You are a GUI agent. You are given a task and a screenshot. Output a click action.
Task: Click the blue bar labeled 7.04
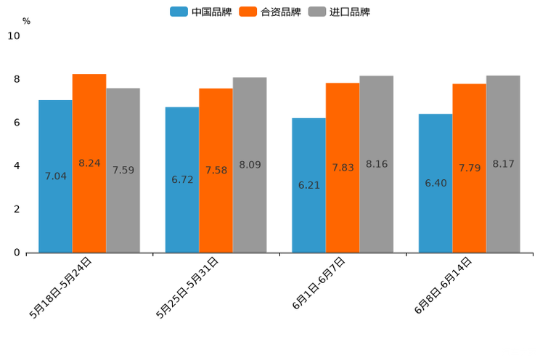pyautogui.click(x=55, y=176)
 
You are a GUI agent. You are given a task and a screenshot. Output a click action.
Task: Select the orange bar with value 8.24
pyautogui.click(x=89, y=163)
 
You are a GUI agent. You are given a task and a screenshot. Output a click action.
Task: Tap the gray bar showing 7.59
pyautogui.click(x=123, y=171)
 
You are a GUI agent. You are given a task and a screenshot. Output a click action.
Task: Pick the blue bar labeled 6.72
pyautogui.click(x=182, y=180)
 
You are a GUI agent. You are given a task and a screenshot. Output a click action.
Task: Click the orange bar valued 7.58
pyautogui.click(x=216, y=171)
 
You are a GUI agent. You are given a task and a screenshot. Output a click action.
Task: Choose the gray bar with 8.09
pyautogui.click(x=250, y=165)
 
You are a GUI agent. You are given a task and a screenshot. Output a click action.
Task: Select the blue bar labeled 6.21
pyautogui.click(x=308, y=185)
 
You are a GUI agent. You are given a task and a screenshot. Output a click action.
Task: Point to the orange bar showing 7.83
pyautogui.click(x=343, y=168)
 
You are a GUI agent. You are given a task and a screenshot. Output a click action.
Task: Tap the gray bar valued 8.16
pyautogui.click(x=376, y=164)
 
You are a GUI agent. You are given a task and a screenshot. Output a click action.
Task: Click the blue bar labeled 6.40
pyautogui.click(x=435, y=183)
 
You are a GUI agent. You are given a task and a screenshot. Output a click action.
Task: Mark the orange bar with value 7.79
pyautogui.click(x=469, y=168)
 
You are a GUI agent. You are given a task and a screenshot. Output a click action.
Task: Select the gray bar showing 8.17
pyautogui.click(x=503, y=164)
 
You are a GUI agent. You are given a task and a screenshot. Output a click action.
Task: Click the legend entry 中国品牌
pyautogui.click(x=201, y=12)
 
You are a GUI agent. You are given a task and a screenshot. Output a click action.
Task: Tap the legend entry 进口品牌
pyautogui.click(x=339, y=12)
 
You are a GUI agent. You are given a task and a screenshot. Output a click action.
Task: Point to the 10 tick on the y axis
pyautogui.click(x=14, y=36)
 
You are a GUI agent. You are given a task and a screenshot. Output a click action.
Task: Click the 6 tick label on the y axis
pyautogui.click(x=17, y=123)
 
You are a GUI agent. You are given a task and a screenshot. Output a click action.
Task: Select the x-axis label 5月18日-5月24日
pyautogui.click(x=61, y=287)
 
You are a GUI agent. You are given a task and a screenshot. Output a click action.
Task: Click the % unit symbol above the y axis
pyautogui.click(x=26, y=21)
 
